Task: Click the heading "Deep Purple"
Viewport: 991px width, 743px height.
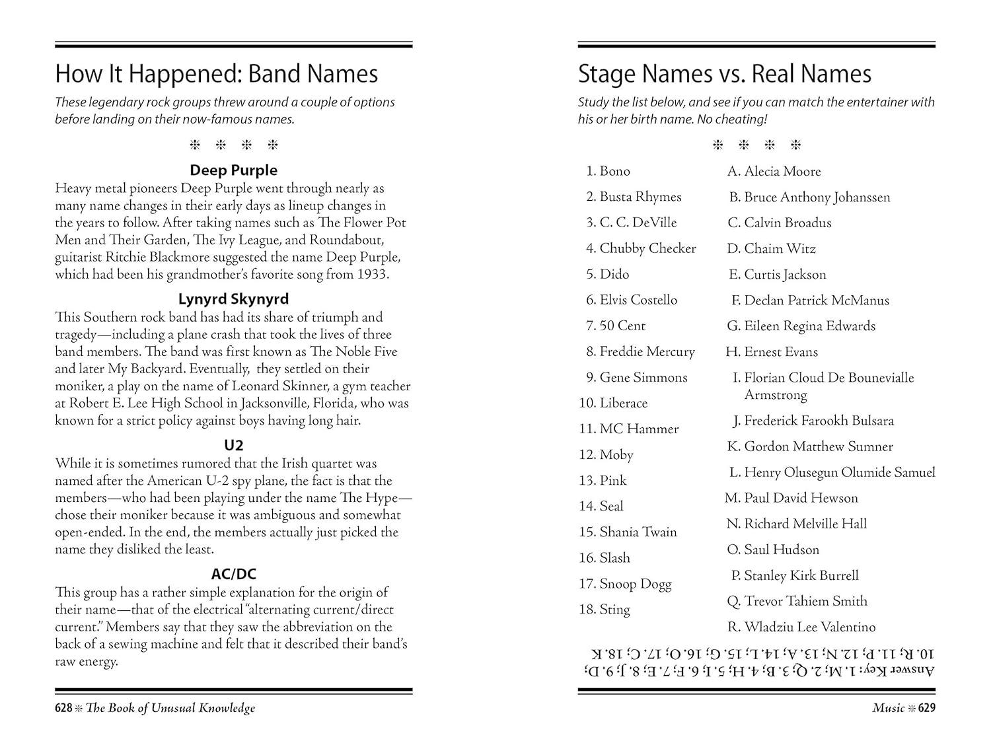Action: (x=233, y=170)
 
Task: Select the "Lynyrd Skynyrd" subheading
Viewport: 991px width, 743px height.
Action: (x=233, y=299)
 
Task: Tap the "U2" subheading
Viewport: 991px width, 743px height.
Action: (x=233, y=446)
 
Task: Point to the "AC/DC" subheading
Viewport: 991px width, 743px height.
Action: (x=233, y=575)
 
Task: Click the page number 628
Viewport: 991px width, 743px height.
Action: (x=63, y=708)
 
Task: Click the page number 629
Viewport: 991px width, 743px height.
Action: (x=926, y=708)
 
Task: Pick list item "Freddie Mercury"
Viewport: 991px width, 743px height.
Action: (x=647, y=351)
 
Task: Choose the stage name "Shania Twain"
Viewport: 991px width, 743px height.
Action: (x=638, y=532)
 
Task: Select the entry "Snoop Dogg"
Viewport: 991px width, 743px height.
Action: (x=635, y=584)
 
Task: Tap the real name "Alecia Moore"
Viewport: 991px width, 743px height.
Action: (x=782, y=172)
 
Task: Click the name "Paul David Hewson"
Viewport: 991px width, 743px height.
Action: (x=801, y=498)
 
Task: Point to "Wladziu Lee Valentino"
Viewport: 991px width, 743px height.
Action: (x=809, y=627)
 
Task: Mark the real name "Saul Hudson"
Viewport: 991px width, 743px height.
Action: (x=782, y=549)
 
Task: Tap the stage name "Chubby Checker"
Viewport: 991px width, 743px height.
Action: (x=647, y=248)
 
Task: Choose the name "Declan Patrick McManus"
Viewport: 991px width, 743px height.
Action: (x=817, y=301)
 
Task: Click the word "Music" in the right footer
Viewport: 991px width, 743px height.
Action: (x=888, y=708)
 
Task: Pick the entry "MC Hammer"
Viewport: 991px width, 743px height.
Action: (x=639, y=429)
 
